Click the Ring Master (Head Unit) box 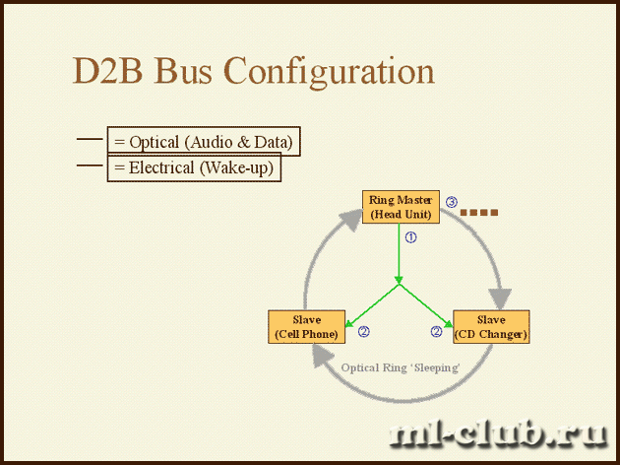coord(401,207)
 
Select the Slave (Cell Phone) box coord(306,327)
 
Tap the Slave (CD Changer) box coord(491,327)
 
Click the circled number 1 coord(411,237)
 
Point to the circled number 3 coord(452,202)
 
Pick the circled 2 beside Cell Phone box coord(364,331)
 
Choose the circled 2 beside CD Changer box coord(436,331)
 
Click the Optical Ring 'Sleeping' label coord(401,368)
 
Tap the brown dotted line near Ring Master coord(479,213)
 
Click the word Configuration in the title coord(329,72)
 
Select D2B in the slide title coord(107,71)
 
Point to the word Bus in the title coord(183,71)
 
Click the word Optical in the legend coord(155,143)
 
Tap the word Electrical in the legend coord(161,167)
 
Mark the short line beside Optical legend coord(90,139)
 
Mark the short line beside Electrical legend coord(90,166)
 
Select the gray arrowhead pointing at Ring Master coord(351,220)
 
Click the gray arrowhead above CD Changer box coord(500,299)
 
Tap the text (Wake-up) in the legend coord(236,168)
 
